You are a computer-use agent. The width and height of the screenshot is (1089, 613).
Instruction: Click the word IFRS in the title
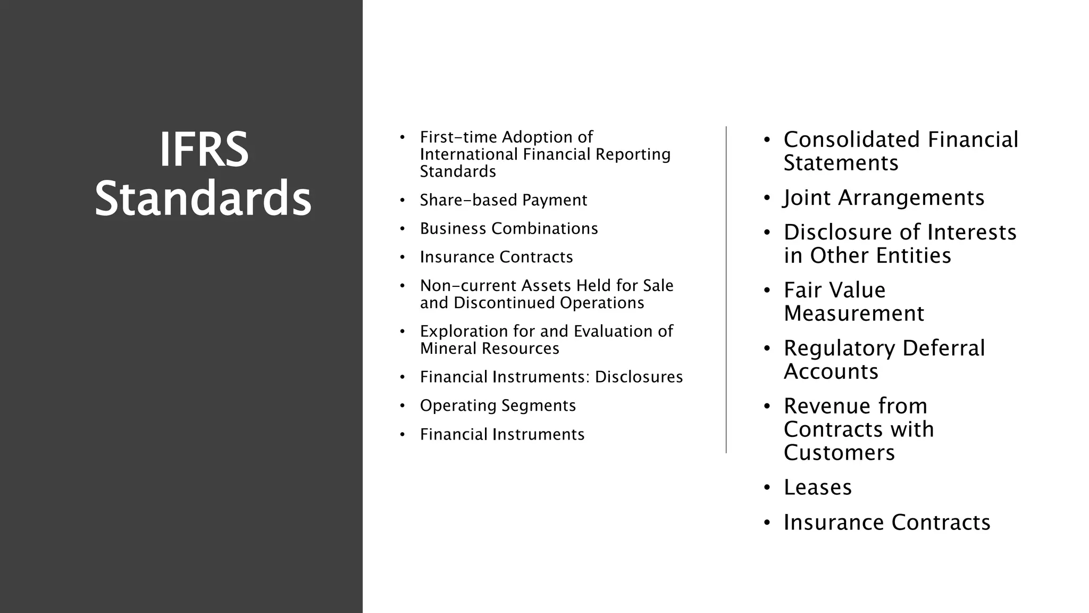click(x=204, y=150)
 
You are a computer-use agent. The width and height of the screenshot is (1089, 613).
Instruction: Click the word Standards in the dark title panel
click(x=203, y=198)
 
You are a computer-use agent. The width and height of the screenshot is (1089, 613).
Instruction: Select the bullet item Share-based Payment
click(x=503, y=200)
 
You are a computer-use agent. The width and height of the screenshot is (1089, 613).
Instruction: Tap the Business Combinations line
click(x=509, y=229)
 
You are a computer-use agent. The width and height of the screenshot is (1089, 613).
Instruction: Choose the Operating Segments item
click(x=498, y=405)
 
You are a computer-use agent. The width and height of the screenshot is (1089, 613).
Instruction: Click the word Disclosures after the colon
click(x=639, y=377)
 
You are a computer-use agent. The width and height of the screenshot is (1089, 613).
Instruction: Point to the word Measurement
click(x=853, y=313)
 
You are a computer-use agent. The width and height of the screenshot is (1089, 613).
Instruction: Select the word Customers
click(x=839, y=453)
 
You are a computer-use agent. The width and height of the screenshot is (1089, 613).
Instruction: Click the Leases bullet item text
click(x=817, y=487)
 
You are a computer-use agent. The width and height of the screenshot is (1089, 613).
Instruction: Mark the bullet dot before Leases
click(x=767, y=488)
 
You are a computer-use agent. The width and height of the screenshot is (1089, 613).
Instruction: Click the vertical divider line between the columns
click(x=726, y=290)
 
